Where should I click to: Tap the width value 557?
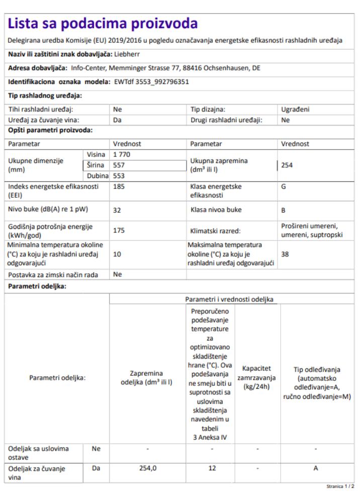coord(119,165)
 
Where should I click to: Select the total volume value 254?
coord(287,165)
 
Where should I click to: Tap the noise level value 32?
coord(117,211)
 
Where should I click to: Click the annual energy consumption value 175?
coord(119,230)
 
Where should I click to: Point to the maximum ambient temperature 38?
coord(285,255)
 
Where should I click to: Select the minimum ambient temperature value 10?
coord(117,255)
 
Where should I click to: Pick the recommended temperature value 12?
coord(212,468)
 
